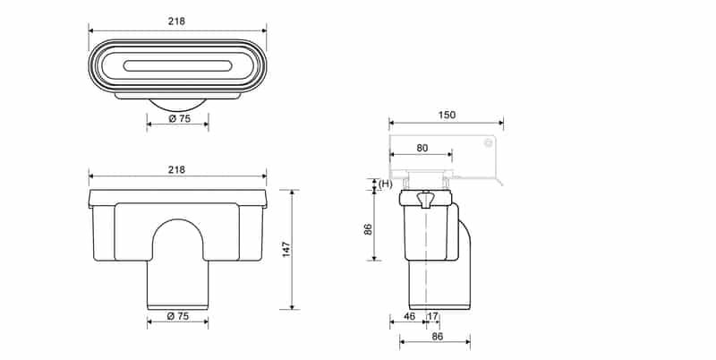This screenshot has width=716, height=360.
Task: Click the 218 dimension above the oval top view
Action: coord(177,21)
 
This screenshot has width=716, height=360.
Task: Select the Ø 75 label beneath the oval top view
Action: coord(178,118)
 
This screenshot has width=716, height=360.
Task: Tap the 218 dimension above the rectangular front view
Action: coord(177,169)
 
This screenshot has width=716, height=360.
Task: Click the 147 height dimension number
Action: coord(286,249)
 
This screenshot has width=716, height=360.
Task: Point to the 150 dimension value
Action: coord(447,115)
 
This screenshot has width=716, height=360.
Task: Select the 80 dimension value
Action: coord(422,149)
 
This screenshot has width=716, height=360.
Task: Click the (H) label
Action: coord(386,184)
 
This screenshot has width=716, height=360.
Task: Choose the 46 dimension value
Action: coord(408,316)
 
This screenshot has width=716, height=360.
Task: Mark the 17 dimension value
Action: coord(433,316)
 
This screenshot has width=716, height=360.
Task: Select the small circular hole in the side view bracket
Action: coord(488,142)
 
